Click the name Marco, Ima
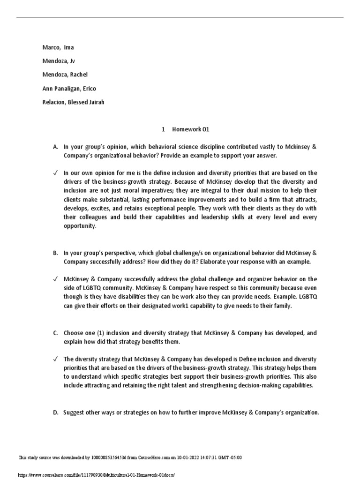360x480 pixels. pyautogui.click(x=58, y=47)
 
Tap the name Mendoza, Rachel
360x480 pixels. pyautogui.click(x=65, y=75)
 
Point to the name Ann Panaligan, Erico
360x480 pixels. pyautogui.click(x=69, y=88)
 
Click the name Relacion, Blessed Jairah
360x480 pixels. pyautogui.click(x=74, y=102)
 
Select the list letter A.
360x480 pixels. pyautogui.click(x=55, y=147)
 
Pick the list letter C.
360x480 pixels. pyautogui.click(x=55, y=333)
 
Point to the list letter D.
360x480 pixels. pyautogui.click(x=55, y=412)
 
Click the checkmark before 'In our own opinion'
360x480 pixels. pyautogui.click(x=55, y=172)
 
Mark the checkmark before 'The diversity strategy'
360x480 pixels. pyautogui.click(x=55, y=359)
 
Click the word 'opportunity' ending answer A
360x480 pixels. pyautogui.click(x=80, y=226)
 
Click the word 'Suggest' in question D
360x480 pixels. pyautogui.click(x=75, y=412)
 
